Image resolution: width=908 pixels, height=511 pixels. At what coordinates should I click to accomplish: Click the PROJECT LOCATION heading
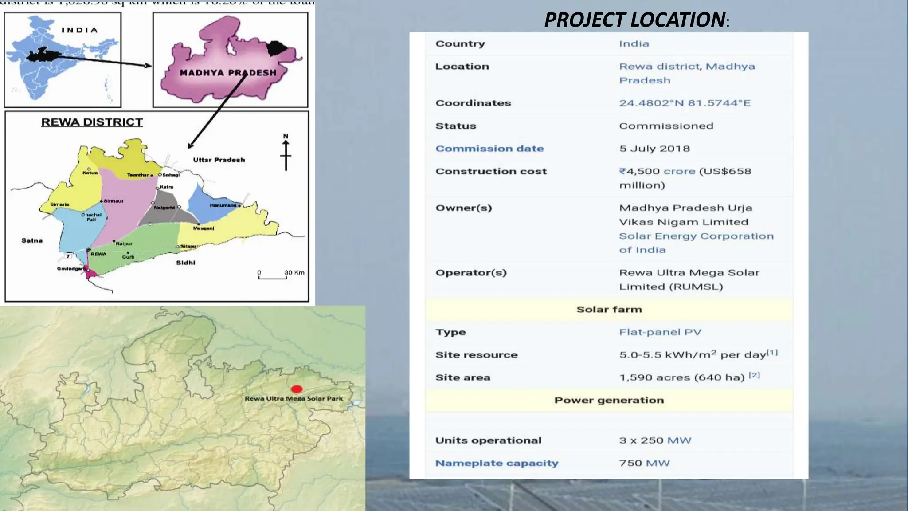pos(635,20)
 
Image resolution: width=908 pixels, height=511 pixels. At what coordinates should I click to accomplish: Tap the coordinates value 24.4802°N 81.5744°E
pos(685,103)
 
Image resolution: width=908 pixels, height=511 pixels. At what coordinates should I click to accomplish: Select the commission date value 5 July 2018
pos(654,149)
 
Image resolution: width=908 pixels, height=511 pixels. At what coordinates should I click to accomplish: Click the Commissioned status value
pos(666,126)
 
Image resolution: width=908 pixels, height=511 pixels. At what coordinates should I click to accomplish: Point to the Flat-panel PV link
pos(660,332)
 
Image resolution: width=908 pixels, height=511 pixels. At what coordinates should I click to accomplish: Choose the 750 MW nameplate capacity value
pos(644,463)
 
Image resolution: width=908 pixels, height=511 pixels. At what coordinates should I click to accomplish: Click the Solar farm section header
pos(609,310)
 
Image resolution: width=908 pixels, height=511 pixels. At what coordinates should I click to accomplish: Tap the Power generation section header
pos(609,400)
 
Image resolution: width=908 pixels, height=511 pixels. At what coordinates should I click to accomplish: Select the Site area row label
pos(462,377)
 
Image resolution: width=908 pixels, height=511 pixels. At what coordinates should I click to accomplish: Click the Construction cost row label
pos(491,171)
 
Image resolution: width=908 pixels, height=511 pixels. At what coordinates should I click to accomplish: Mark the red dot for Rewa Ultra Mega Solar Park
pos(297,389)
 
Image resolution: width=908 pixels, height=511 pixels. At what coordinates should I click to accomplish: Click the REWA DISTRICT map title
pos(92,122)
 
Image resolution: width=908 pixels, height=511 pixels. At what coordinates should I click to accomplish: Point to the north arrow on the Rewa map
pos(286,153)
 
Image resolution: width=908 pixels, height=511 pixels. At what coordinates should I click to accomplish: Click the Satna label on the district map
pos(32,240)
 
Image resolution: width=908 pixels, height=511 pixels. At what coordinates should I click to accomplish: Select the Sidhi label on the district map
pos(185,263)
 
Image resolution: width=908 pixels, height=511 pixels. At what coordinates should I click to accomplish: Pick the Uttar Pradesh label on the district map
pos(219,160)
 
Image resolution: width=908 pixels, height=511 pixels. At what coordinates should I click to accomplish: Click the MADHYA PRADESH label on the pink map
pos(228,73)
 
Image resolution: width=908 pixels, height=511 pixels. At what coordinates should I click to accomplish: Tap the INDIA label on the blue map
pos(79,30)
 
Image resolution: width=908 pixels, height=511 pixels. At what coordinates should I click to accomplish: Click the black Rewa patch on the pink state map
pos(277,47)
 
